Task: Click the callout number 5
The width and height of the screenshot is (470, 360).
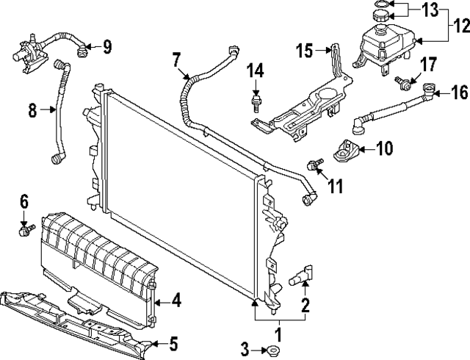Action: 173,342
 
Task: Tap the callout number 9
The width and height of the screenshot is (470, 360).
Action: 107,48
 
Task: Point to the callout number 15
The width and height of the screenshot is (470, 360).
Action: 305,51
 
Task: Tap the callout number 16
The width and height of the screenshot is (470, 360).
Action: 459,93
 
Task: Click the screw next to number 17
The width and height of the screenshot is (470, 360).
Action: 403,82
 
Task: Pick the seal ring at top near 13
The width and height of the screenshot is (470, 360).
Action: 382,4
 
